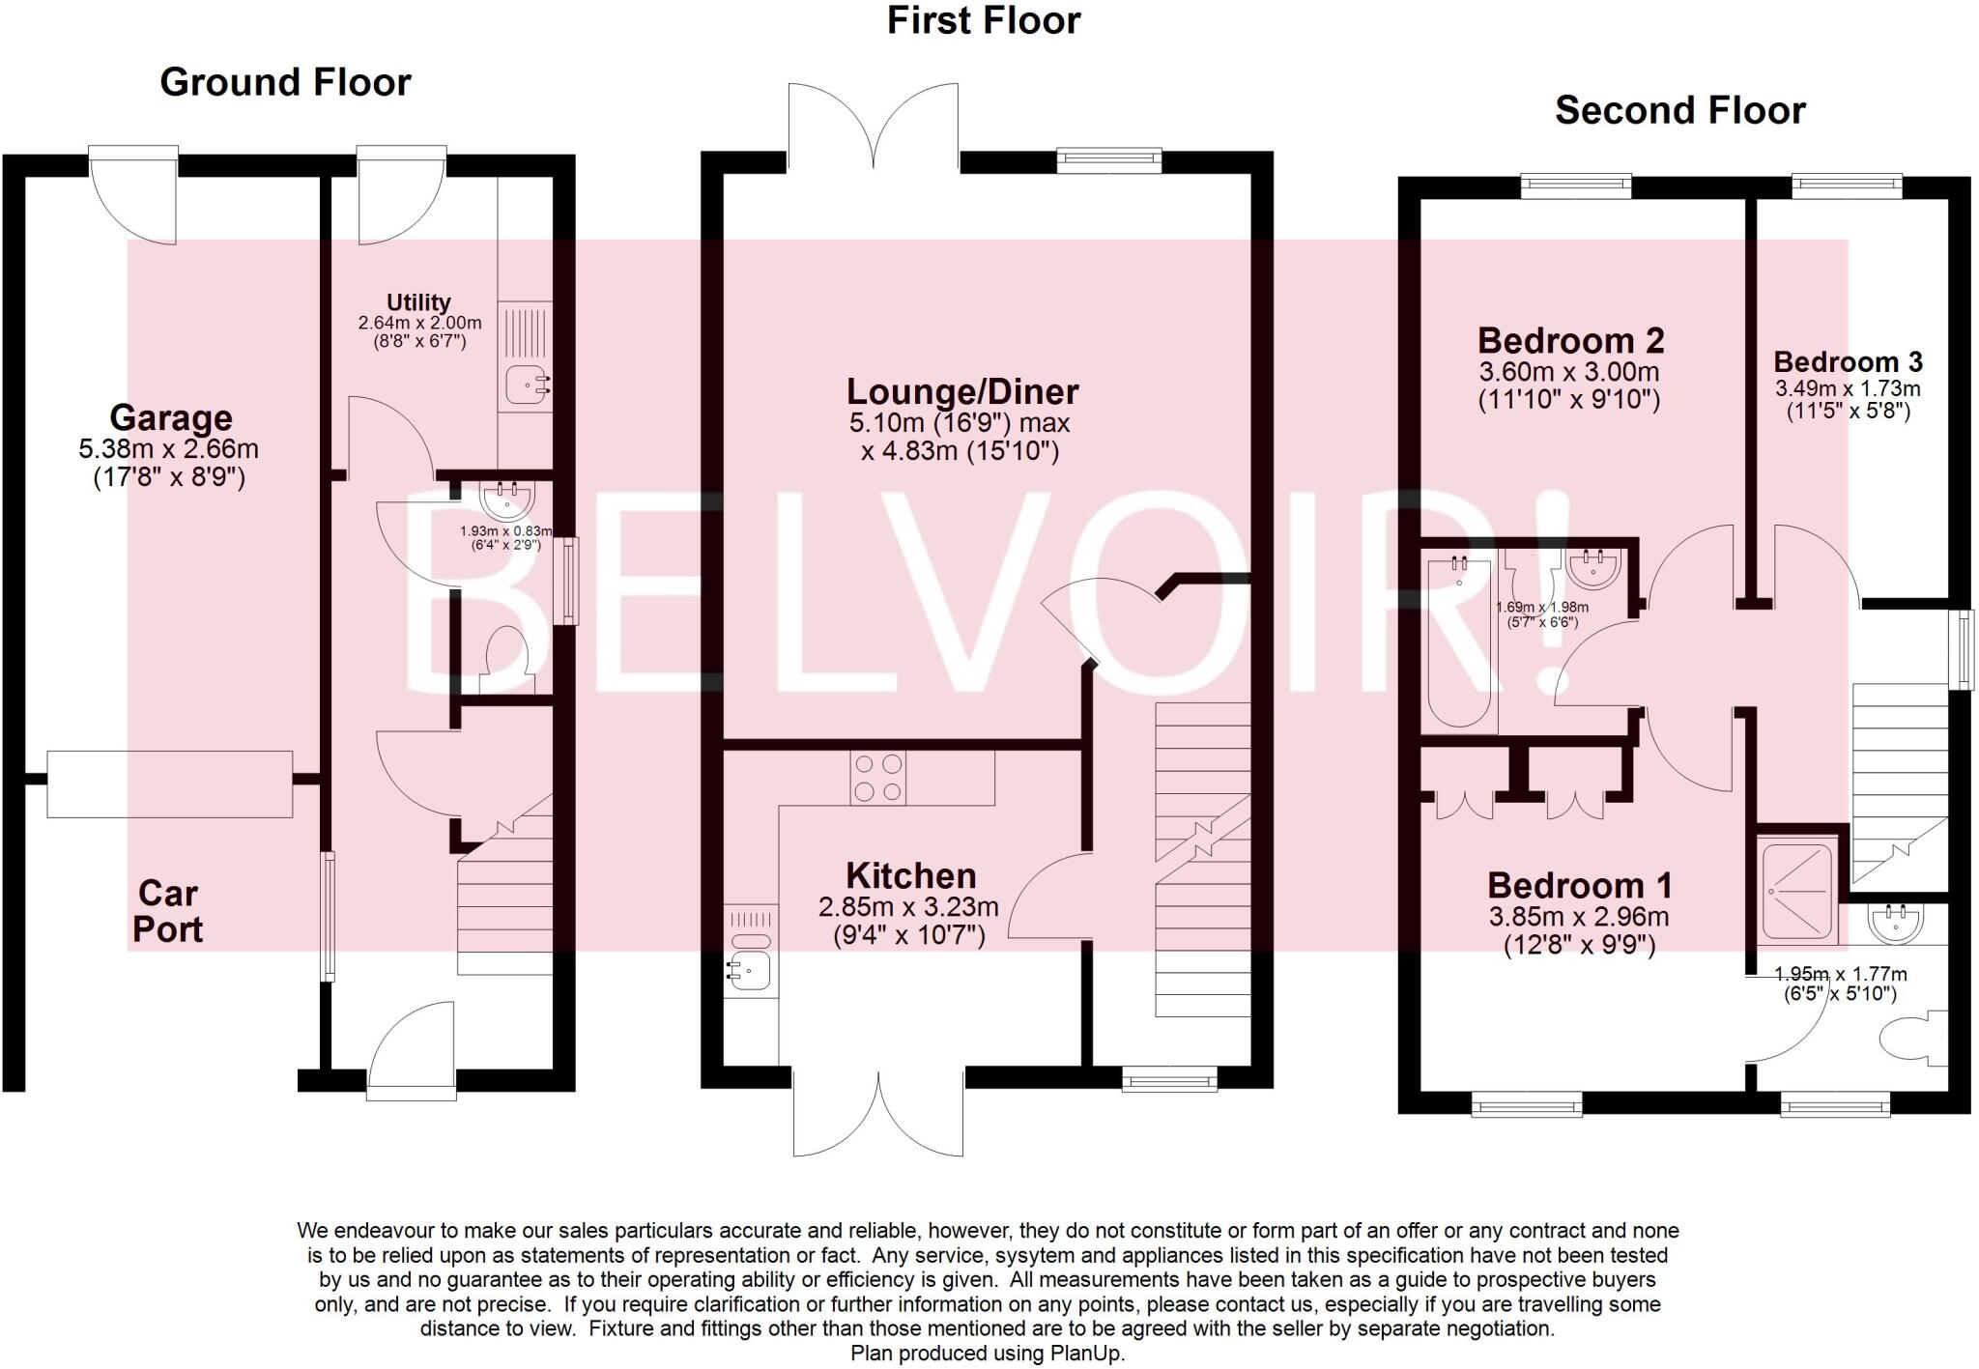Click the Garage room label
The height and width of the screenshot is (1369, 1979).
[171, 417]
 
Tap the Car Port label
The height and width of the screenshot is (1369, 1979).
[168, 911]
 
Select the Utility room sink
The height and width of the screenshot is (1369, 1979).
[526, 386]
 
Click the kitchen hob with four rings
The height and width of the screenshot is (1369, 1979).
[878, 779]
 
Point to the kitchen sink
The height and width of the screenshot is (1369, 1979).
[749, 970]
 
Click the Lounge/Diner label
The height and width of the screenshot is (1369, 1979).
[962, 391]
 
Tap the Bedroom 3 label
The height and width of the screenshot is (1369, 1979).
[1848, 362]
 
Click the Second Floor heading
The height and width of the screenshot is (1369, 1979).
[1679, 110]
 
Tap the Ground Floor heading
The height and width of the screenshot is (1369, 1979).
[285, 82]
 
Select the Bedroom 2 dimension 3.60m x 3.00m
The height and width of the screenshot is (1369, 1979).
[1569, 372]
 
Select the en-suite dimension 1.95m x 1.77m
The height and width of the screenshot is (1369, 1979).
[1841, 975]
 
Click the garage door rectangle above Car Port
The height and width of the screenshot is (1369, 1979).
[170, 784]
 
